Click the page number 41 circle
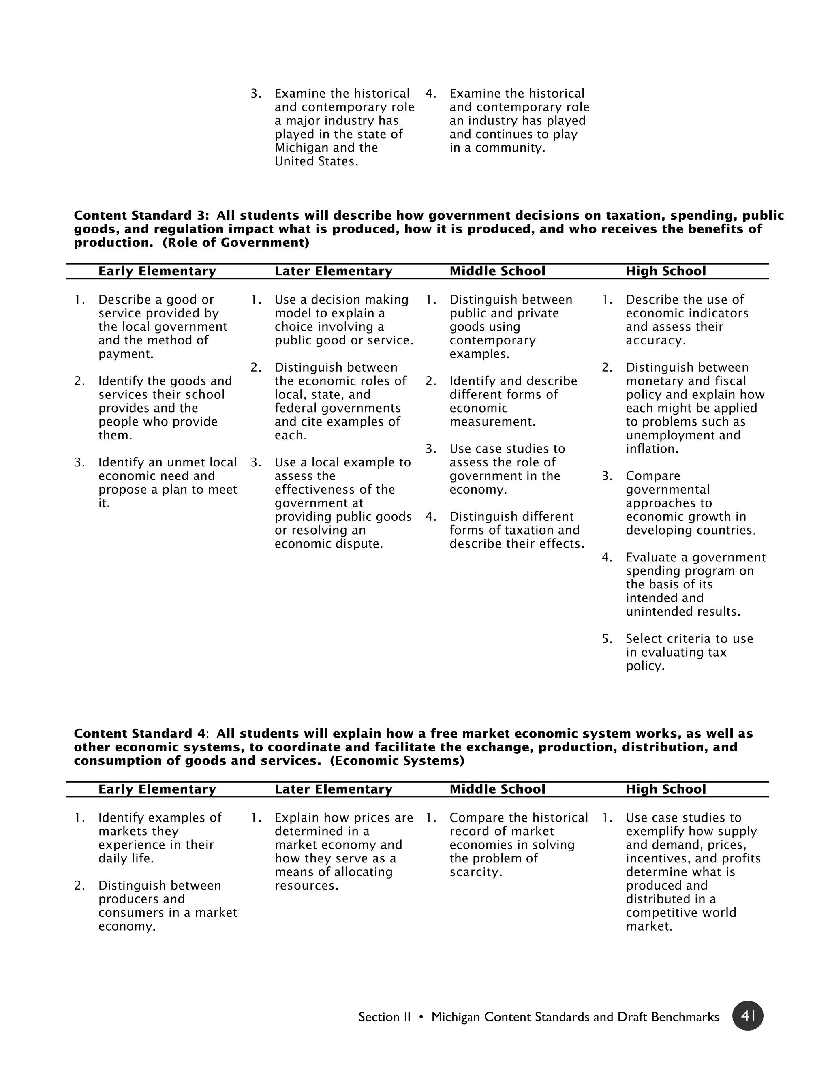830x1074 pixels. click(x=747, y=1016)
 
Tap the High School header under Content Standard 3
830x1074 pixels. click(x=665, y=271)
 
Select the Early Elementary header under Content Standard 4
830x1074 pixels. click(x=157, y=789)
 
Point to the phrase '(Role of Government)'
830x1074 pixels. click(x=235, y=242)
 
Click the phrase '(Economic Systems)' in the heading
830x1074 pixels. click(x=397, y=761)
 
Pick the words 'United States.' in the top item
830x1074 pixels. click(x=316, y=161)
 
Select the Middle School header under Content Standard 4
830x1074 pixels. click(x=497, y=789)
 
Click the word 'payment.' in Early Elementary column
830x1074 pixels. click(x=126, y=354)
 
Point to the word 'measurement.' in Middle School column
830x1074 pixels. click(x=492, y=422)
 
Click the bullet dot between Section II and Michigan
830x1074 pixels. click(x=421, y=1017)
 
